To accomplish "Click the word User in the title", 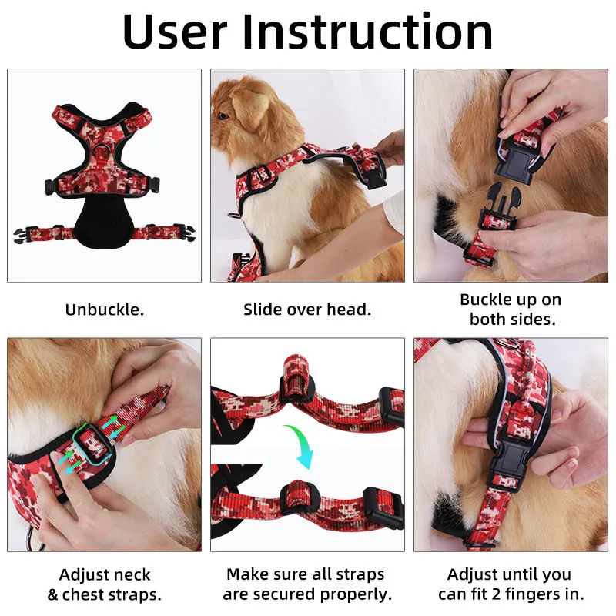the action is [175, 32].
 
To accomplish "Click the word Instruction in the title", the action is [367, 32].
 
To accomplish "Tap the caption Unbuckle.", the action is [105, 310].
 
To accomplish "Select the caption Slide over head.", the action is [307, 310].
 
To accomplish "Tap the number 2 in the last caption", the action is [496, 594].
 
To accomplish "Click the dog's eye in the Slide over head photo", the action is [223, 116].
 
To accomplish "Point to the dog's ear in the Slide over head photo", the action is [251, 108].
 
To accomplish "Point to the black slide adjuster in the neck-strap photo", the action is [92, 444].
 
